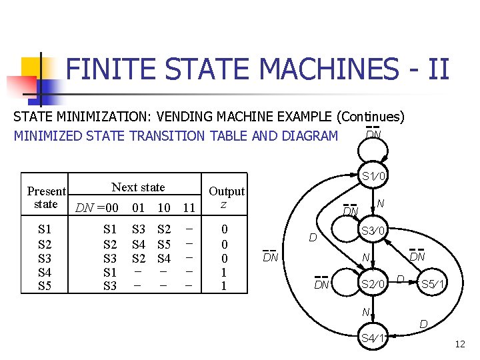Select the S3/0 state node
click(373, 231)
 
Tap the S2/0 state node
click(373, 285)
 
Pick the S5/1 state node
click(434, 285)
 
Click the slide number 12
click(459, 344)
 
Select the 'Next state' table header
click(138, 187)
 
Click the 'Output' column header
click(227, 191)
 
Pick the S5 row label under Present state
click(45, 286)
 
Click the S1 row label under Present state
click(45, 229)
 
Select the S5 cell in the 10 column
click(164, 243)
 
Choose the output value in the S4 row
click(224, 272)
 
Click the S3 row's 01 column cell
click(139, 258)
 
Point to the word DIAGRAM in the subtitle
click(306, 135)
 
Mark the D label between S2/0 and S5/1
click(400, 278)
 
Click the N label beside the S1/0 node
click(380, 203)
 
